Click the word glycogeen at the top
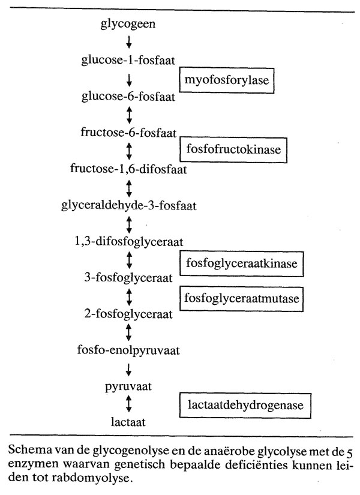tap(129, 24)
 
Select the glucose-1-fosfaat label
tap(129, 59)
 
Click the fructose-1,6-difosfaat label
tap(129, 169)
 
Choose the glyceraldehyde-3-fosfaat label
tap(129, 205)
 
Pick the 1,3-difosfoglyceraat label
tap(129, 241)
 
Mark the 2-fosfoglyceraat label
tap(129, 314)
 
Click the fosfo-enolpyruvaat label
tap(129, 350)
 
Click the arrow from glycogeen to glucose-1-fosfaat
tap(129, 42)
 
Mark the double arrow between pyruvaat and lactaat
tap(129, 404)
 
